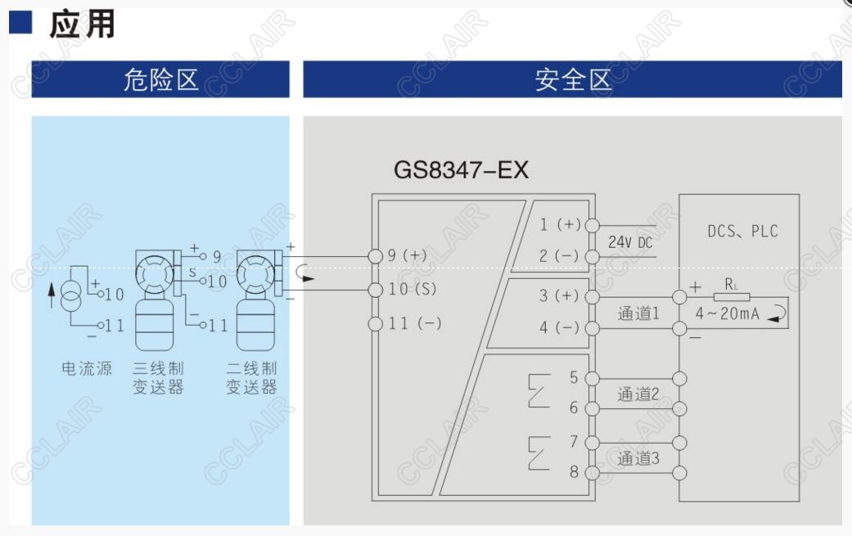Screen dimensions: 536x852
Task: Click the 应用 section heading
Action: click(82, 25)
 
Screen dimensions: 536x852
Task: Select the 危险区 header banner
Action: click(160, 79)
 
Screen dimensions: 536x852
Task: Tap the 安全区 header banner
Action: click(572, 79)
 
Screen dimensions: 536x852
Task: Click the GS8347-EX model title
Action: click(462, 170)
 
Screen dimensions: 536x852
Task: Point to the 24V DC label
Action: click(630, 242)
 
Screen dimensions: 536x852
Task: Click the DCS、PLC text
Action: click(742, 232)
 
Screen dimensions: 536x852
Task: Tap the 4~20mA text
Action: click(728, 313)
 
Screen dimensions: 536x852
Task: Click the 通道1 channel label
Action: click(638, 313)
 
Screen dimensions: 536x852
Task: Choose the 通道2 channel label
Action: click(638, 394)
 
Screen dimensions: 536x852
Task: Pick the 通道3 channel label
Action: click(638, 458)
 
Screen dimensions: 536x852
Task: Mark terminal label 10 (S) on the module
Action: click(412, 289)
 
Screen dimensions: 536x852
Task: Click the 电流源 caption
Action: click(87, 368)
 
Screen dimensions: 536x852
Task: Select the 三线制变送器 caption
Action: click(159, 377)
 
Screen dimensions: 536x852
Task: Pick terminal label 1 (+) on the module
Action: click(560, 224)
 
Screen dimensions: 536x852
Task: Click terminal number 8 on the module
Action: click(574, 472)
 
